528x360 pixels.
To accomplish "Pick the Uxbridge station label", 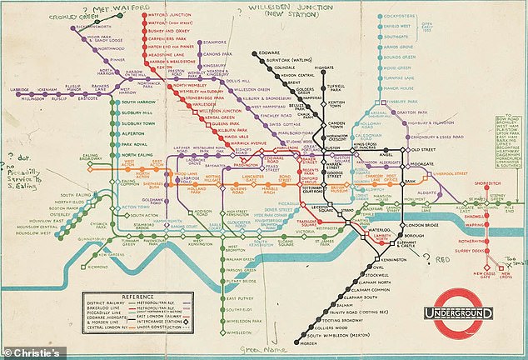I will (x=19, y=87).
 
